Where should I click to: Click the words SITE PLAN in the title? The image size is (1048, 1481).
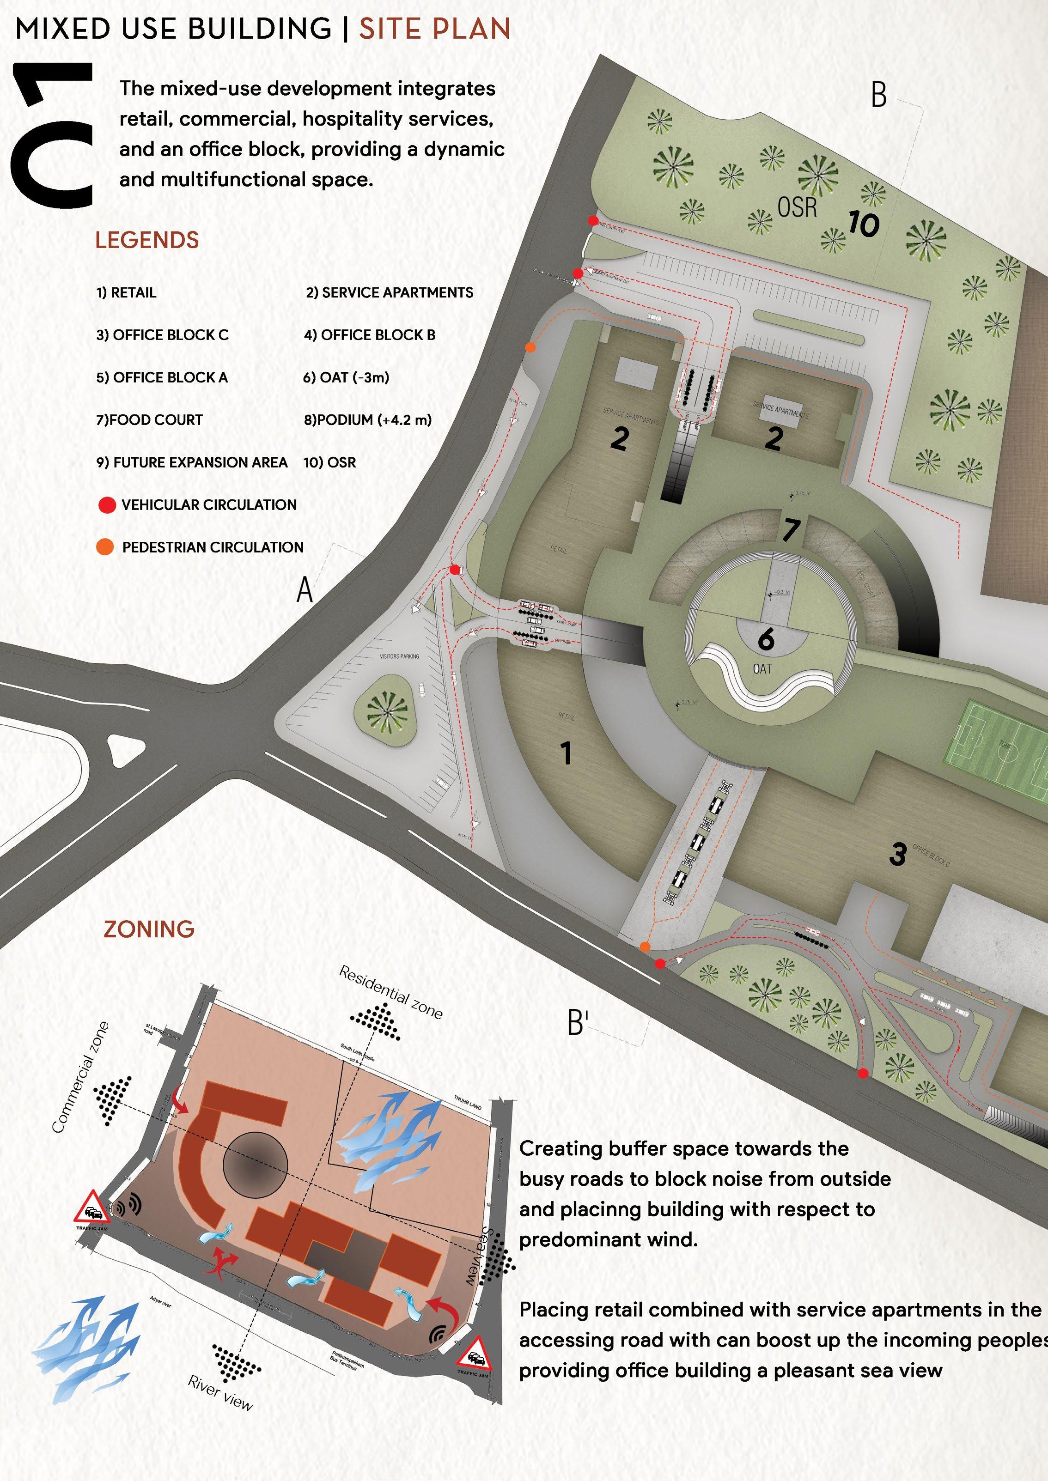coord(434,29)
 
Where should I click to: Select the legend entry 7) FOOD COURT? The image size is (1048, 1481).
coord(149,420)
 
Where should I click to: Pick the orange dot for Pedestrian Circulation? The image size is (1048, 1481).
coord(104,547)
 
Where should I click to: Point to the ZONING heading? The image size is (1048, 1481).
coord(149,929)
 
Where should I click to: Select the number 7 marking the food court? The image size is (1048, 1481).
coord(791,529)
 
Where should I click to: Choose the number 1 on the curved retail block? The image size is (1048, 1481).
coord(566,753)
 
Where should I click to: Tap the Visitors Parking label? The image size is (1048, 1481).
coord(399,656)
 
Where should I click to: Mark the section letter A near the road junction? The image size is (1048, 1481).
coord(304,589)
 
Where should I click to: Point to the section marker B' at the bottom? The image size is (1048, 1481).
coord(578,1022)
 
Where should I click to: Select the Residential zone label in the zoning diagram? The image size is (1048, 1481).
coord(391,993)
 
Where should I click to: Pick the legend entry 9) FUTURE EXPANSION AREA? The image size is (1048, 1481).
coord(192,462)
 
